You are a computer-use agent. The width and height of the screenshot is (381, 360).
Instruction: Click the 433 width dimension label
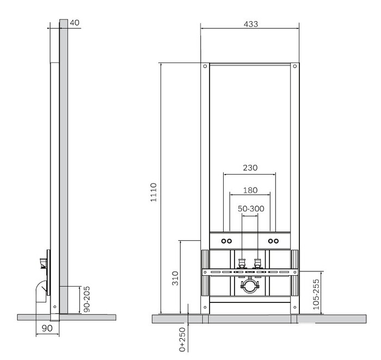(250, 24)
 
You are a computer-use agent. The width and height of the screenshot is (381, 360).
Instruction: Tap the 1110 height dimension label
(153, 193)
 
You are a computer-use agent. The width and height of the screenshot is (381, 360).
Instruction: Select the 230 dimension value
(250, 167)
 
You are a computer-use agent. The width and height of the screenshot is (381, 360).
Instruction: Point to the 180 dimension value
(250, 190)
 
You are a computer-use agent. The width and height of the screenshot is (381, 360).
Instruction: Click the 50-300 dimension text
(251, 208)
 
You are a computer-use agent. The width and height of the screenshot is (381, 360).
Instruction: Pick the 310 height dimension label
(175, 278)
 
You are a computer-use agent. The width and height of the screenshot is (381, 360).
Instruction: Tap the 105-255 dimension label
(316, 294)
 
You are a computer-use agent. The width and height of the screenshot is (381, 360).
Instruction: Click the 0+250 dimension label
(182, 339)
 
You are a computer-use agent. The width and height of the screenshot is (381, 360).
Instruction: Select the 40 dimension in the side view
(75, 23)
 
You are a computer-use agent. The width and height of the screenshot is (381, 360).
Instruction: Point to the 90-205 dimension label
(87, 299)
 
